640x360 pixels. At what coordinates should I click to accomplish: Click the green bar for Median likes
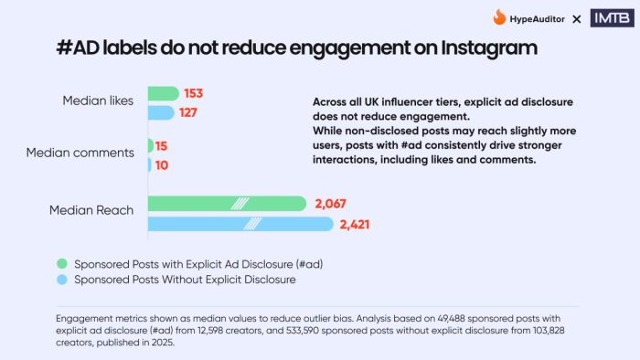[x=163, y=93]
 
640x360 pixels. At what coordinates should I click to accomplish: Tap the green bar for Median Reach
[x=226, y=203]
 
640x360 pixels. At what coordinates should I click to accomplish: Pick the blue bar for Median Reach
[x=240, y=223]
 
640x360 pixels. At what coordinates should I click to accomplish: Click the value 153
[x=194, y=93]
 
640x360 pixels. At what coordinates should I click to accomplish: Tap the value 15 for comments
[x=162, y=145]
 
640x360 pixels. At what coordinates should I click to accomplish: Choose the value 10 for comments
[x=162, y=165]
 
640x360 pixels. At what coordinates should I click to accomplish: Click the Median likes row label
[x=98, y=101]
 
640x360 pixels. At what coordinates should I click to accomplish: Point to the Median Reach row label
[x=91, y=210]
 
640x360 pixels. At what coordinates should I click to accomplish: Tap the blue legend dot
[x=61, y=280]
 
